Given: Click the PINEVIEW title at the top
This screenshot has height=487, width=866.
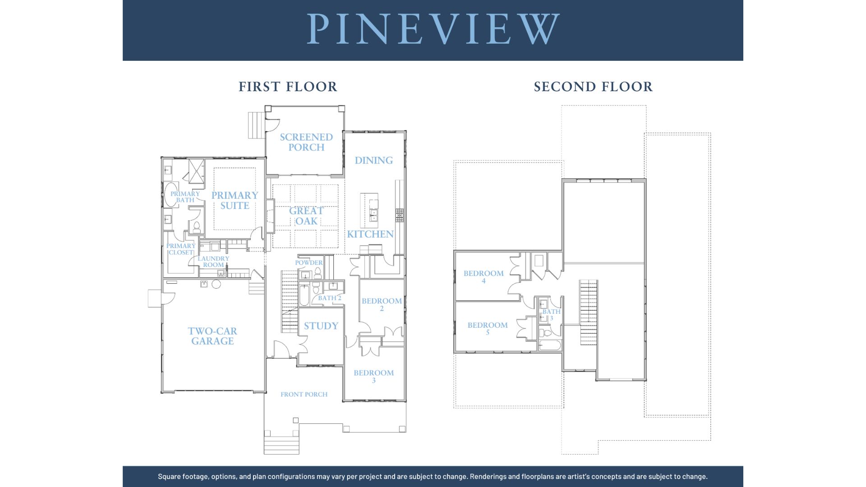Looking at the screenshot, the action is coord(433,29).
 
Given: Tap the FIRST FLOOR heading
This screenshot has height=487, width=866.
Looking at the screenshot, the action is coord(288,87).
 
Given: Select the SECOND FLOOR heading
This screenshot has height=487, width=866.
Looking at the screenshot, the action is coord(593,87).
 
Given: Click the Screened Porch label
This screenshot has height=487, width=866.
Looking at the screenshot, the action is coord(306,142).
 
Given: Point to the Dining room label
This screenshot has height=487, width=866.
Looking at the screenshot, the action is coord(373,160).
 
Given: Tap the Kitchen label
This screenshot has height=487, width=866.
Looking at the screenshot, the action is coord(370,234).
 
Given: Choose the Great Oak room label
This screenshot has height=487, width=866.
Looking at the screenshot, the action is coord(306,216).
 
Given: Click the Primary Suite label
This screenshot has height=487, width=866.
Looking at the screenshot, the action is coord(235,200).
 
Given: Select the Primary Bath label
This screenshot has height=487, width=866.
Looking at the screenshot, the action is coord(185,197).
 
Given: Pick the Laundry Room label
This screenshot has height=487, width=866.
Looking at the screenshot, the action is coord(213,262).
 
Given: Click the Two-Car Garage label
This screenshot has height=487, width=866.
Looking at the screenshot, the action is coord(212,336).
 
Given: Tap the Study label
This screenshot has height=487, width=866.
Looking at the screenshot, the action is coord(321,326).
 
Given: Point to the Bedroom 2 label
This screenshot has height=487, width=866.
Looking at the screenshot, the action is coord(382,304).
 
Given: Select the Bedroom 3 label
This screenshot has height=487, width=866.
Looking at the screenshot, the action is coord(373,376).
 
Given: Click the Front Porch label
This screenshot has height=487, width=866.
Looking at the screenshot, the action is coord(304,394).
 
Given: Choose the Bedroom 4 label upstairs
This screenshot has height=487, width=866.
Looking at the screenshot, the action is coord(484,276).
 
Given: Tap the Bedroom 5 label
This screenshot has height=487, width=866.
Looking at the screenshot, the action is coord(488,328).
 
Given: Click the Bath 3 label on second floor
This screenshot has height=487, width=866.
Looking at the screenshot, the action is coord(551,315).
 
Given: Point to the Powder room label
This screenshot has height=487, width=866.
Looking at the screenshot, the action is coord(309,262).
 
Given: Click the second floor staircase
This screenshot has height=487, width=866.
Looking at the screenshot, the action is coord(589,312).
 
